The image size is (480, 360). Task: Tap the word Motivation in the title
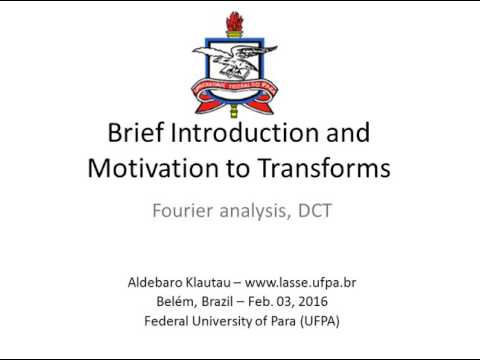tap(148, 167)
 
